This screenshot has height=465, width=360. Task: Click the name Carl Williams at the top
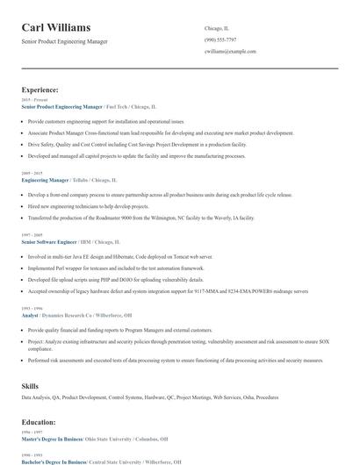(x=55, y=28)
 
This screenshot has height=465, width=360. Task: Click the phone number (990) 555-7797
(x=220, y=39)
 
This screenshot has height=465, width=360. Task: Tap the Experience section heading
(x=40, y=89)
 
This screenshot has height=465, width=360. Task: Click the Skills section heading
(x=30, y=386)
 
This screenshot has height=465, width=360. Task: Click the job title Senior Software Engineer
(x=54, y=240)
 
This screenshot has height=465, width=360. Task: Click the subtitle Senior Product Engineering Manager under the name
(x=66, y=42)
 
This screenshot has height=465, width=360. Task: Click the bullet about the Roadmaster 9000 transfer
(x=140, y=217)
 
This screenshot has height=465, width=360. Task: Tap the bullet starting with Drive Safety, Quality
(x=136, y=143)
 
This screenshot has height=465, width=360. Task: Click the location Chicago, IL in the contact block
(x=216, y=27)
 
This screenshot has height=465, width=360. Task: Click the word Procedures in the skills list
(x=267, y=397)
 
